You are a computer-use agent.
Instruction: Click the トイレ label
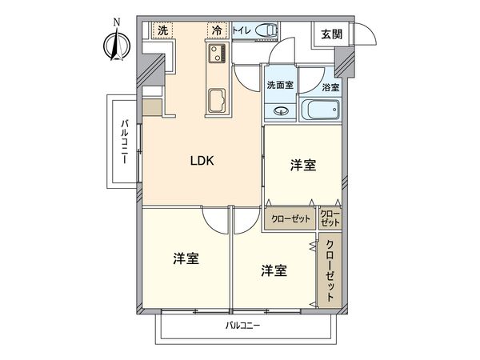tap(242, 31)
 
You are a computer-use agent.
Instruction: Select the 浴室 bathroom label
tap(330, 86)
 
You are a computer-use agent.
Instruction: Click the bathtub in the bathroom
tap(322, 110)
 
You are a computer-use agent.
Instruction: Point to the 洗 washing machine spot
tap(162, 30)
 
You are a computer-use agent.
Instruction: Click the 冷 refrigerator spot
tap(217, 30)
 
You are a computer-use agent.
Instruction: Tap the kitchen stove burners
tap(217, 55)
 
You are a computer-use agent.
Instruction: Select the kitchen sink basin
tap(217, 101)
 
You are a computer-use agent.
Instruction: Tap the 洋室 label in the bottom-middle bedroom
tap(274, 270)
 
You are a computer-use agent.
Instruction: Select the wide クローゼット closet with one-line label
tap(290, 218)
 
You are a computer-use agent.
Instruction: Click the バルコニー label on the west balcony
tap(126, 142)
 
